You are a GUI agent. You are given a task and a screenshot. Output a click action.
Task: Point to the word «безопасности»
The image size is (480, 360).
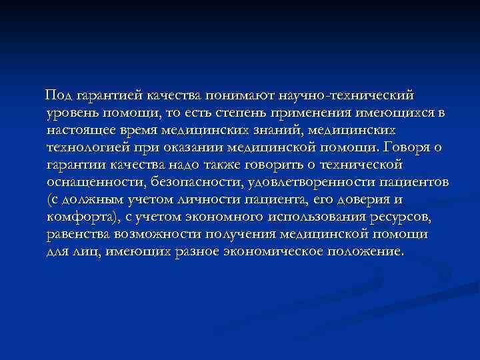point(193,181)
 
